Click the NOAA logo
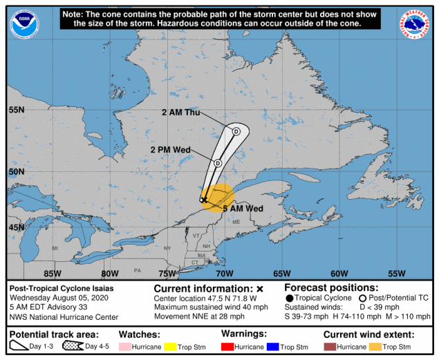pyautogui.click(x=24, y=24)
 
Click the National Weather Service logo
pyautogui.click(x=414, y=24)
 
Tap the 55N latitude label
pyautogui.click(x=17, y=110)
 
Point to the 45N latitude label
pyautogui.click(x=17, y=227)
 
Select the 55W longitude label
pyautogui.click(x=397, y=273)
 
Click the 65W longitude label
pyautogui.click(x=282, y=273)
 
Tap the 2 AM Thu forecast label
pyautogui.click(x=180, y=113)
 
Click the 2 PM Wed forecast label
pyautogui.click(x=170, y=149)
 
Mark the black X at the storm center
pyautogui.click(x=204, y=199)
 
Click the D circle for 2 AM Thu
pyautogui.click(x=236, y=131)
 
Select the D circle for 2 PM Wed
pyautogui.click(x=217, y=163)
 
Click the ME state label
pyautogui.click(x=235, y=222)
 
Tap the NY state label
pyautogui.click(x=166, y=247)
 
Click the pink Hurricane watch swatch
pyautogui.click(x=127, y=346)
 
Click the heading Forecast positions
pyautogui.click(x=331, y=287)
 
